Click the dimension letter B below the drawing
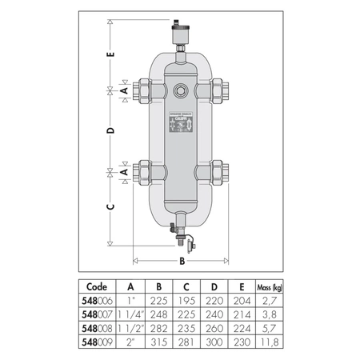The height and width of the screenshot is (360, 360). coord(182,260)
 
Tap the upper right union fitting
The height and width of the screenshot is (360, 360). coord(218,90)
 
